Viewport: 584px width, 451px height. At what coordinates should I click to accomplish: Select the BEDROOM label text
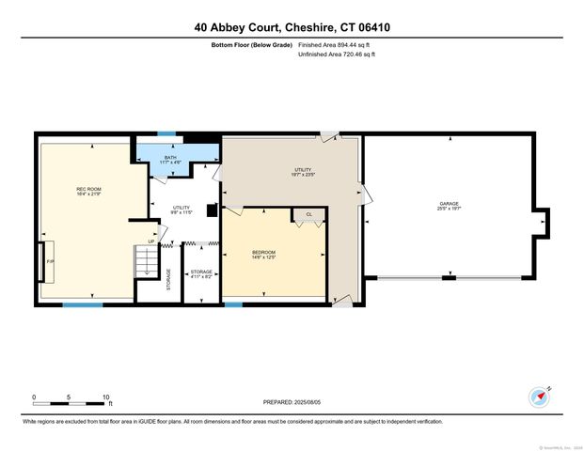(x=263, y=253)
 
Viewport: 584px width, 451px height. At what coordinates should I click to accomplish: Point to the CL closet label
(x=308, y=215)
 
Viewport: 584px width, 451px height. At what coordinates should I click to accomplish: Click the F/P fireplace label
(x=50, y=260)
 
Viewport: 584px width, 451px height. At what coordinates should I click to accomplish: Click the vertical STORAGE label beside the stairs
(x=169, y=278)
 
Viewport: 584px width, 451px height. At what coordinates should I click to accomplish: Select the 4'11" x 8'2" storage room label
(x=202, y=274)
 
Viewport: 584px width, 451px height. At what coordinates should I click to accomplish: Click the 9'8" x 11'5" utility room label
(x=182, y=210)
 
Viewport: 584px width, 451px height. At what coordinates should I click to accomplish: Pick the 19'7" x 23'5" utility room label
(x=302, y=172)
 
